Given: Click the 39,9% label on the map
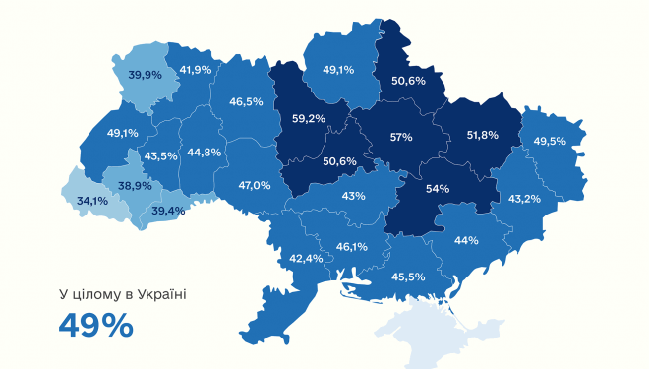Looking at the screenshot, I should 146,74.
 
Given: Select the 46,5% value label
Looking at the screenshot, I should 246,101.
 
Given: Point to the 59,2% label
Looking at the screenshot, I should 309,120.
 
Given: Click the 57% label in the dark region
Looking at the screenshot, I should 401,137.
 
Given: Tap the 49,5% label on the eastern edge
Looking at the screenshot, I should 551,142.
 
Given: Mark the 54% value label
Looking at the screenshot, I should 437,188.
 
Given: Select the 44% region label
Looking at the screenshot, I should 466,240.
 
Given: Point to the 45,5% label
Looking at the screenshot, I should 408,277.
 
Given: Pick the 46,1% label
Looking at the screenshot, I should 351,247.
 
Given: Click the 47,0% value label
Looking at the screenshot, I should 255,184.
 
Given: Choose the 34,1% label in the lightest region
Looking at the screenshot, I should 92,201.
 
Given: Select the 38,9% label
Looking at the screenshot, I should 135,185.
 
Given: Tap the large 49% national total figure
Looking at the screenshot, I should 95,325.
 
